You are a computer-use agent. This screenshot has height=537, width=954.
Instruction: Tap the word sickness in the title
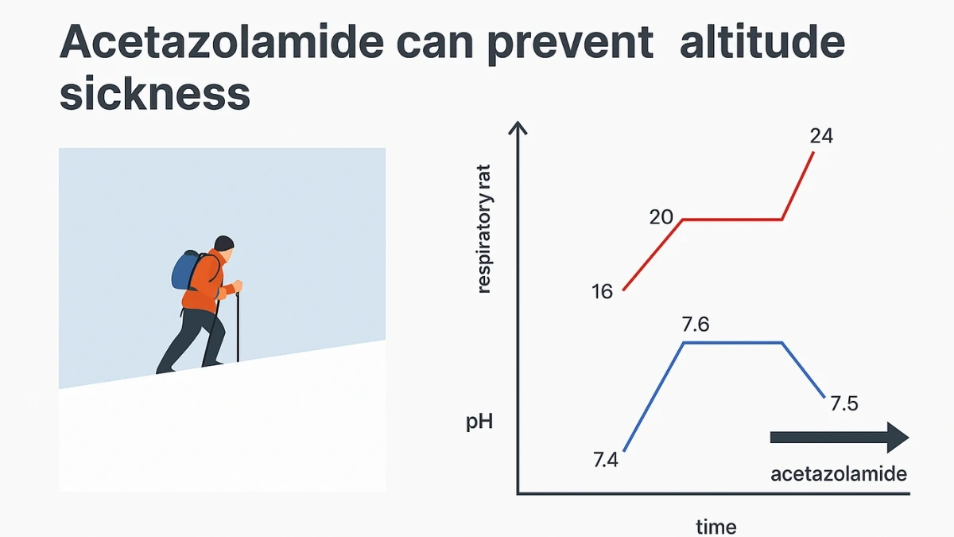tap(155, 95)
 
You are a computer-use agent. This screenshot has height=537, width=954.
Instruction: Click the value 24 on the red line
tap(821, 136)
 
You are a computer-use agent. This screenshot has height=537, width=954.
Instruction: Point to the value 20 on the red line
tap(661, 216)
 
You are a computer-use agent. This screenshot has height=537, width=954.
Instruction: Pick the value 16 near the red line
tap(603, 292)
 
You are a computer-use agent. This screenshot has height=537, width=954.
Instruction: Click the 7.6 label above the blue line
tap(696, 325)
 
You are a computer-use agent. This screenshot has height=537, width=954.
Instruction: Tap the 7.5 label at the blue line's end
tap(843, 403)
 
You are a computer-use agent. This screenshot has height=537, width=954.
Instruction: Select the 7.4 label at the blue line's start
tap(605, 460)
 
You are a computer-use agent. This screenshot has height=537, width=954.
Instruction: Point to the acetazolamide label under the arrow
tap(839, 474)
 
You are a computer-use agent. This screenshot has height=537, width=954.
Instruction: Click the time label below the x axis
tap(716, 526)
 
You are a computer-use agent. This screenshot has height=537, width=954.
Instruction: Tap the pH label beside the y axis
tap(479, 422)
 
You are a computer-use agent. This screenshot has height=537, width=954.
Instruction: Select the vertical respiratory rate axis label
tap(485, 228)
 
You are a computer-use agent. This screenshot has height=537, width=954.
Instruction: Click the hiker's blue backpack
tap(184, 270)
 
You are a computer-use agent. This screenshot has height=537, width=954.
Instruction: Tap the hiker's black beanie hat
tap(224, 243)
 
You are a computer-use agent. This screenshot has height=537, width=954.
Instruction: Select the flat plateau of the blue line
tap(733, 343)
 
